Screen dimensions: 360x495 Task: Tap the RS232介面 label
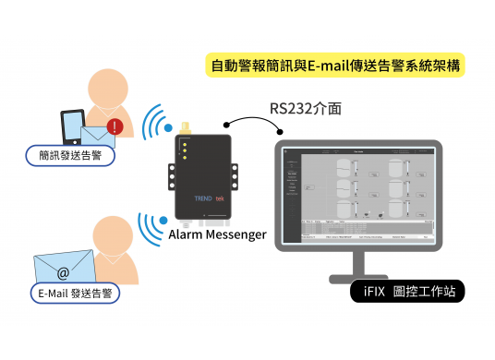pos(306,109)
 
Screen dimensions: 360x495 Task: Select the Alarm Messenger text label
pos(218,234)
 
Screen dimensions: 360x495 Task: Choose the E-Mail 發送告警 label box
pos(74,294)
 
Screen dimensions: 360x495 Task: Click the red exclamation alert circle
pos(115,126)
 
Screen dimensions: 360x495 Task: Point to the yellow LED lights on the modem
pos(185,151)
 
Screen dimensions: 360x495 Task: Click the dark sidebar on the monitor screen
pos(292,189)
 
